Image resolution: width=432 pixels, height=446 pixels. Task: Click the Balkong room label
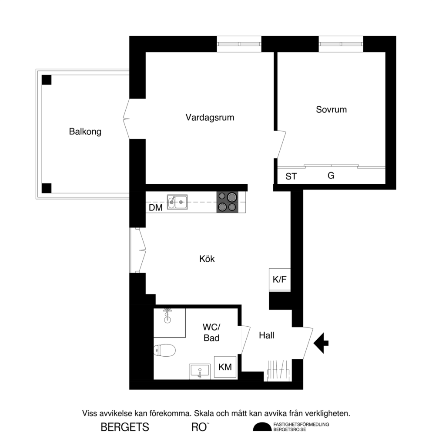pyautogui.click(x=85, y=132)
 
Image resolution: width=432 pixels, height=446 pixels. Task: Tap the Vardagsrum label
pyautogui.click(x=210, y=117)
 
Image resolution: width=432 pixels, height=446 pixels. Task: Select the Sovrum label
pyautogui.click(x=331, y=109)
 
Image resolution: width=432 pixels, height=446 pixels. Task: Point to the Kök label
pyautogui.click(x=207, y=259)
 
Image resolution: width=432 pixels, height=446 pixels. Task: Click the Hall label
pyautogui.click(x=266, y=335)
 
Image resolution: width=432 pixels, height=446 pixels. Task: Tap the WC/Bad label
pyautogui.click(x=211, y=332)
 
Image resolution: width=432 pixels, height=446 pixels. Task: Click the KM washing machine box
pyautogui.click(x=225, y=367)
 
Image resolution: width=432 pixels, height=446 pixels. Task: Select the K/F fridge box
pyautogui.click(x=279, y=280)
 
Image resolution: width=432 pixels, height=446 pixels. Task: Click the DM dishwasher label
pyautogui.click(x=155, y=208)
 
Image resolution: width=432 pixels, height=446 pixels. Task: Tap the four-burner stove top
pyautogui.click(x=228, y=202)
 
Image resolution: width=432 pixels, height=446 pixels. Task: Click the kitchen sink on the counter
pyautogui.click(x=177, y=202)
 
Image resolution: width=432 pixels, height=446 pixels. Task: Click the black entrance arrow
pyautogui.click(x=321, y=342)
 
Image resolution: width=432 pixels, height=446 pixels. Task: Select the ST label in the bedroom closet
pyautogui.click(x=291, y=176)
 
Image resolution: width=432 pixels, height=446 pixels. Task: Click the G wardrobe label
pyautogui.click(x=331, y=176)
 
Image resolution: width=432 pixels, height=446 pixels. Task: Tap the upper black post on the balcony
pyautogui.click(x=46, y=80)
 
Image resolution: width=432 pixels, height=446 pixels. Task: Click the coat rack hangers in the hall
pyautogui.click(x=277, y=370)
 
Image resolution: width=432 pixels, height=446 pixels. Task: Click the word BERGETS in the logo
pyautogui.click(x=125, y=427)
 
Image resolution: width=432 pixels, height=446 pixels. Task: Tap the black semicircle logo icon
pyautogui.click(x=262, y=427)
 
